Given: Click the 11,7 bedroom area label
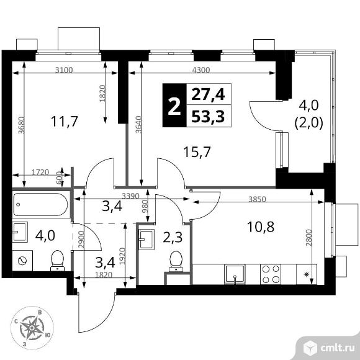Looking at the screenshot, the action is click(65, 121).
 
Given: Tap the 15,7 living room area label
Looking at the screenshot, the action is click(197, 152).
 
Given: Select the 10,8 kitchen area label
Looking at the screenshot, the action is click(261, 227).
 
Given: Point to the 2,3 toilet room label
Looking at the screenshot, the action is click(173, 237).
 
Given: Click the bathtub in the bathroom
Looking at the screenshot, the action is click(40, 204).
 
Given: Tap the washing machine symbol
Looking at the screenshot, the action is click(22, 261).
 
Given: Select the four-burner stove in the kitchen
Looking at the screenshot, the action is click(271, 274).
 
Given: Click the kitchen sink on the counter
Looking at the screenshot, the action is click(235, 274).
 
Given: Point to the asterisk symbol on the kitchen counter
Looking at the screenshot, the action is click(306, 274).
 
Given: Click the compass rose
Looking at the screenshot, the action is click(32, 328).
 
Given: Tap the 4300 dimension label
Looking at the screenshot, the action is click(201, 70).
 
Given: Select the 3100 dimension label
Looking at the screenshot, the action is click(64, 70).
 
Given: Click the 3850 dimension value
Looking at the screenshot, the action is click(258, 199).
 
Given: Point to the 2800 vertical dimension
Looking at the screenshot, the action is click(309, 238).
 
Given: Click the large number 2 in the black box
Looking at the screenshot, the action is click(174, 106).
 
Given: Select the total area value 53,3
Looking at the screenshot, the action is click(208, 117).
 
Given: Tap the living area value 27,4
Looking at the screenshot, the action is click(208, 94).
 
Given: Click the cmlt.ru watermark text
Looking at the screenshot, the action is click(338, 348).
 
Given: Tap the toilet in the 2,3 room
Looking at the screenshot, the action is click(176, 261).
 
